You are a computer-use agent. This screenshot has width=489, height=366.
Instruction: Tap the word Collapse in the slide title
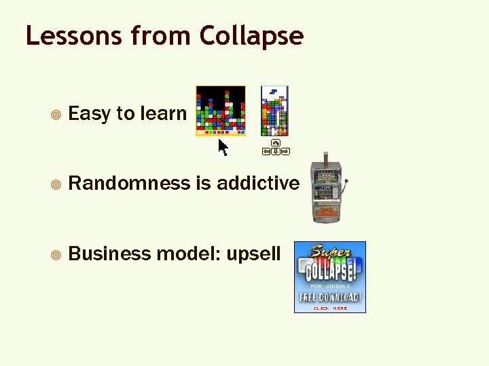(x=251, y=37)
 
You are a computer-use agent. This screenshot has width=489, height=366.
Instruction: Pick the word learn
(x=163, y=113)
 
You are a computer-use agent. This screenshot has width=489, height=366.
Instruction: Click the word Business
(x=110, y=253)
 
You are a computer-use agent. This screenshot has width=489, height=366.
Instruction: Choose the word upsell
(x=253, y=254)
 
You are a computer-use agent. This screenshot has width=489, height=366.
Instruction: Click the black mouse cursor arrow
(x=222, y=147)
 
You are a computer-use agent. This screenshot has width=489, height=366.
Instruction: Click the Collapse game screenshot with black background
(x=221, y=110)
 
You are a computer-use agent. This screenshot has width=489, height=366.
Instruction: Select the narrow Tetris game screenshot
(x=274, y=110)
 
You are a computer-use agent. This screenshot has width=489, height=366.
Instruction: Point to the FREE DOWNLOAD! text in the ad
(x=330, y=298)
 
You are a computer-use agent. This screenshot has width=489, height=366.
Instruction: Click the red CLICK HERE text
(x=330, y=308)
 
